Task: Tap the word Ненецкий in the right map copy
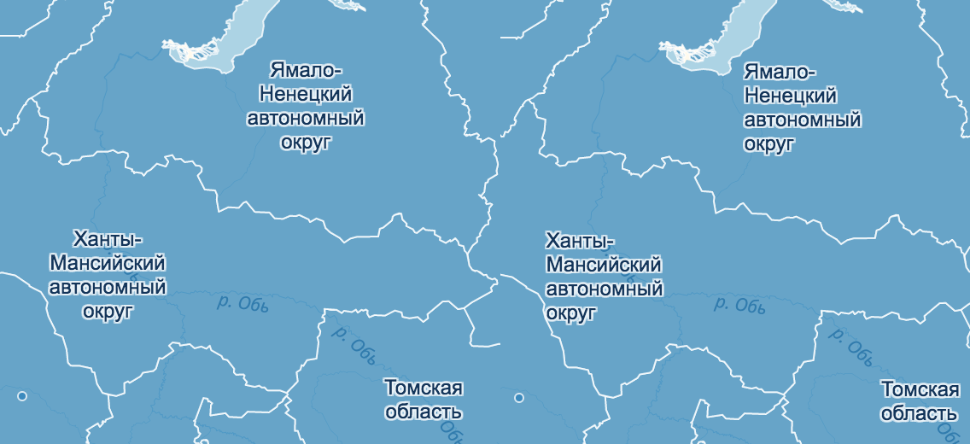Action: click(x=791, y=96)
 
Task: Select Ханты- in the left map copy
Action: click(x=108, y=239)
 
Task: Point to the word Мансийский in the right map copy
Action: click(x=604, y=266)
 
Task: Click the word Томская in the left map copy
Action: click(x=424, y=388)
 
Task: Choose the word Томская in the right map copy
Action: click(x=920, y=390)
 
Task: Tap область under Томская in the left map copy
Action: click(x=424, y=412)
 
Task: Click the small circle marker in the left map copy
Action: click(x=22, y=396)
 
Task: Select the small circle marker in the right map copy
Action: click(x=518, y=397)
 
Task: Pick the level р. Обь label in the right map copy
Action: click(x=739, y=305)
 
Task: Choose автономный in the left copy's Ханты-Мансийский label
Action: click(x=108, y=288)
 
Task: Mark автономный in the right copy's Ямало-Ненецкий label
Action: click(x=802, y=120)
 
